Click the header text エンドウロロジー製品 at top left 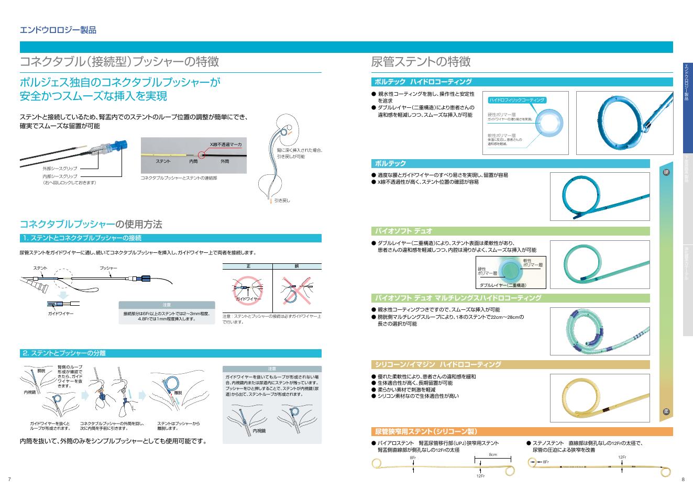[x=58, y=30]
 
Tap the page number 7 [x=9, y=480]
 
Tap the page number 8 [x=683, y=480]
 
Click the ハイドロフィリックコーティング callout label [x=517, y=99]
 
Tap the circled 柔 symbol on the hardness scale [x=666, y=411]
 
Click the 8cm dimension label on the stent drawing [x=493, y=454]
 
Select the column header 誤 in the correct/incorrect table [x=296, y=266]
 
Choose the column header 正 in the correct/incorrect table [x=248, y=266]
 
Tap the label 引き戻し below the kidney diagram [x=282, y=201]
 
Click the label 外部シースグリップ [x=60, y=169]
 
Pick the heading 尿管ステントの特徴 [x=421, y=62]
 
